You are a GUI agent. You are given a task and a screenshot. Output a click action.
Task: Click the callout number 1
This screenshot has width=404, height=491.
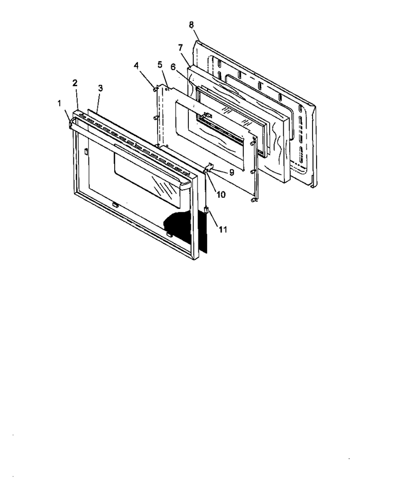click(x=59, y=103)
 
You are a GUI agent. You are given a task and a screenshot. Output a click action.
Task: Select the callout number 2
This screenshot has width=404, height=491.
click(x=75, y=83)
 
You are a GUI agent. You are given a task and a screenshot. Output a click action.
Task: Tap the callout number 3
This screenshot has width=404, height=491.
click(x=100, y=88)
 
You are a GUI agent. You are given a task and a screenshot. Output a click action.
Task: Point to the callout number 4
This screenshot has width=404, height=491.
click(x=136, y=66)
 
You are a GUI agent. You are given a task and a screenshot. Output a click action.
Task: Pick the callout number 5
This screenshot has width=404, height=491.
click(x=160, y=65)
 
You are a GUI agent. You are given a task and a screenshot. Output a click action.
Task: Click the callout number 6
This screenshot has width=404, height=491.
click(x=173, y=67)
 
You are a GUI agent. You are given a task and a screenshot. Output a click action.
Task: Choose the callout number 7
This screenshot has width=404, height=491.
click(x=180, y=47)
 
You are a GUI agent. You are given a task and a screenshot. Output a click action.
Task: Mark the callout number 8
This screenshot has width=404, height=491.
click(x=191, y=25)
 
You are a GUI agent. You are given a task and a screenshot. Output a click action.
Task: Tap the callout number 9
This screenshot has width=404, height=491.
click(x=232, y=172)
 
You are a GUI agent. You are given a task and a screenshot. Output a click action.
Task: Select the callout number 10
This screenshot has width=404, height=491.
click(x=221, y=194)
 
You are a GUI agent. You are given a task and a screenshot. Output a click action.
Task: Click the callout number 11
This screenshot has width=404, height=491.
click(x=223, y=230)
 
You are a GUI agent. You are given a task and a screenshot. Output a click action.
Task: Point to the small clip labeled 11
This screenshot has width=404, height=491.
click(x=206, y=209)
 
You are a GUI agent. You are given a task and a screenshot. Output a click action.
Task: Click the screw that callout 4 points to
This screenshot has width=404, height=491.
click(x=155, y=89)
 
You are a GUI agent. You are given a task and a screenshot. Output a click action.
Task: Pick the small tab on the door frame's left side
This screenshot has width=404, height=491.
click(x=85, y=151)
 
